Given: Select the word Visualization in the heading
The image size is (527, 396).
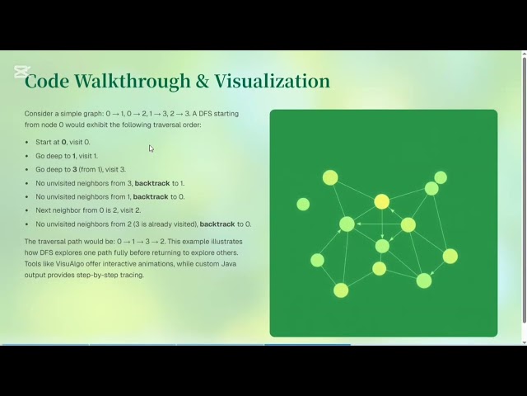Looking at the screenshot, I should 272,82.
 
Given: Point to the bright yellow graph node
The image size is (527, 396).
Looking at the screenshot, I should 381,201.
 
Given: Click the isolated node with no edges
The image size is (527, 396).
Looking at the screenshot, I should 303,204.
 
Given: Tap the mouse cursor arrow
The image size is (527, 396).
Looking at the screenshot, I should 151,148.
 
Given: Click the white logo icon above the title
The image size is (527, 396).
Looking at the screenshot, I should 21,72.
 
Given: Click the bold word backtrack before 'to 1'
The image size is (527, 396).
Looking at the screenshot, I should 152,183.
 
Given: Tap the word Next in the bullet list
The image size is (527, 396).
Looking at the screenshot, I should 43,210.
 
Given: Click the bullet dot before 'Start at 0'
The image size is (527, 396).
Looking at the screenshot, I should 28,143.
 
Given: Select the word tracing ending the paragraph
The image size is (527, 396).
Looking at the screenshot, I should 129,275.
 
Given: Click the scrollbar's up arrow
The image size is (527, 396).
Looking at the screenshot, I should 524,55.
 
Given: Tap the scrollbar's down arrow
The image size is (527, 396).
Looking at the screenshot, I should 524,340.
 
